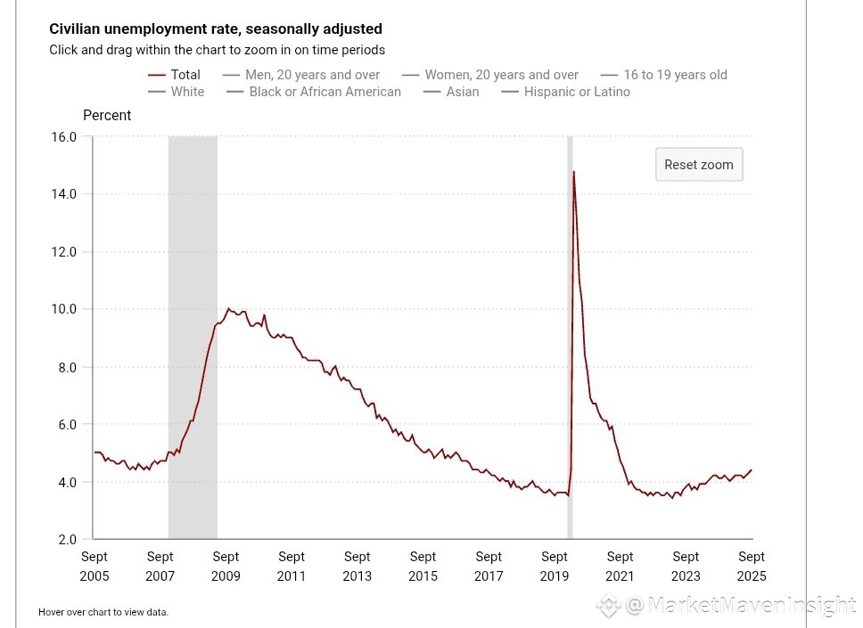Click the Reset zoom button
point(699,165)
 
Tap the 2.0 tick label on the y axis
point(68,540)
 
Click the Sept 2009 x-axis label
point(226,566)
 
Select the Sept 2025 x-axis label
point(752,566)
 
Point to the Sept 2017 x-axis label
point(489,566)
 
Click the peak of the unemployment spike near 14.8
point(573,172)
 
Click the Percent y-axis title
point(107,115)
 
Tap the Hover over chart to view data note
point(103,612)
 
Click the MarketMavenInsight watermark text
point(739,607)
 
